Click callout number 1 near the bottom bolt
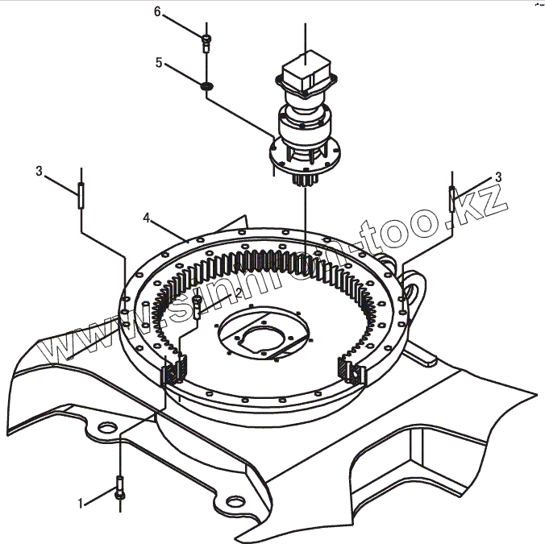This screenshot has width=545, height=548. click(x=81, y=504)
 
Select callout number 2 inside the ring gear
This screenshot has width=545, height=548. click(x=238, y=292)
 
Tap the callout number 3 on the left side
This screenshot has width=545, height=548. click(x=39, y=170)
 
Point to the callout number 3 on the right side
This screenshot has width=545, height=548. click(x=498, y=176)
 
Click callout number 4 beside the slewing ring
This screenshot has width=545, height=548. click(x=148, y=218)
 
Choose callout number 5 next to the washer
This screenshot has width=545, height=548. click(x=159, y=61)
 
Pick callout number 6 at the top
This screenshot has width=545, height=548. click(x=158, y=11)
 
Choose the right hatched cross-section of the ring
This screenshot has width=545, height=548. click(x=352, y=372)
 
